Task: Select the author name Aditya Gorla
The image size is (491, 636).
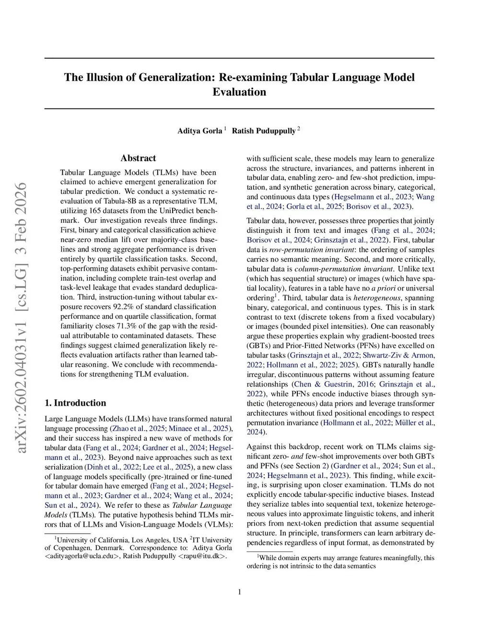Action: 200,131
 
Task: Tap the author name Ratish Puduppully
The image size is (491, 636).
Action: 264,131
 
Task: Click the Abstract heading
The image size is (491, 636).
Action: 138,158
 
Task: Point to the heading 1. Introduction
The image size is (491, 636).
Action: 75,403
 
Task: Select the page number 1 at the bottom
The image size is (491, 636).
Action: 239,592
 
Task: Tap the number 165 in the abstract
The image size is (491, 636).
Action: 95,211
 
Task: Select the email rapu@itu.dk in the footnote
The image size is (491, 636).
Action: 202,556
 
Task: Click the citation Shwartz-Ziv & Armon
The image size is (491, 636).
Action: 398,355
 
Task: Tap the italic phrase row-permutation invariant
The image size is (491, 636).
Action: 311,250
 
